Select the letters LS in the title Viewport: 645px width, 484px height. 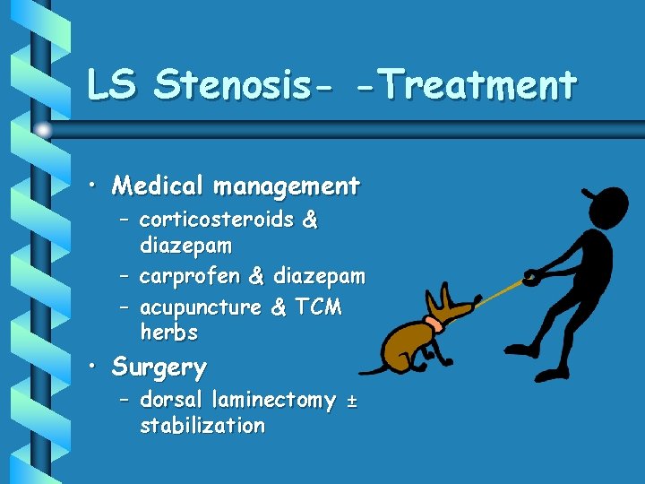(x=114, y=85)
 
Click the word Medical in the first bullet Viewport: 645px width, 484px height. (x=158, y=186)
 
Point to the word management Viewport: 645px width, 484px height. (x=287, y=186)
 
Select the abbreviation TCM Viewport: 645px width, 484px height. (x=318, y=307)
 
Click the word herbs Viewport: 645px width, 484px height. (x=169, y=333)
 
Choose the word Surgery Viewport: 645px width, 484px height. (x=159, y=367)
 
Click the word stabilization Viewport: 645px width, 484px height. (x=202, y=426)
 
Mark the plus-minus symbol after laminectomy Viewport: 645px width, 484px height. (x=350, y=401)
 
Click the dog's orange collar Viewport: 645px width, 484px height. (x=434, y=324)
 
